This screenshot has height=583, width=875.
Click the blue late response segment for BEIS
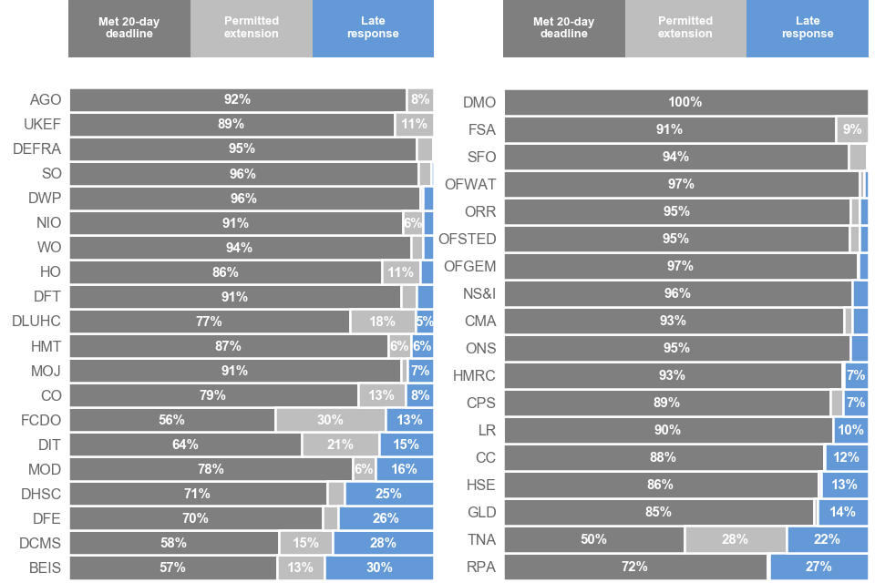coord(378,568)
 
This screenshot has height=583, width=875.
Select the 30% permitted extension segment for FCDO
coord(330,420)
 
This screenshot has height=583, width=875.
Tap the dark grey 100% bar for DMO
coord(685,102)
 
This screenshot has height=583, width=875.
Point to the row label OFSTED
coord(468,239)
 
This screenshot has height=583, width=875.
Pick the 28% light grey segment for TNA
coord(735,539)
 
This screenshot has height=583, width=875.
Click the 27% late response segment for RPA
coord(818,567)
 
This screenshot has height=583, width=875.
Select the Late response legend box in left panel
coord(373,28)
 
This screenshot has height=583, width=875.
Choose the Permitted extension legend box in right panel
coord(685,28)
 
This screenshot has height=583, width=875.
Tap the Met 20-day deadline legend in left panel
coord(129,28)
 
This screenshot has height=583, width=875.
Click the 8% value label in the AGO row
coord(420,99)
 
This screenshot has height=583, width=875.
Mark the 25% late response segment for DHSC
coord(388,494)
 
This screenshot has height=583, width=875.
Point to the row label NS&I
coord(479,293)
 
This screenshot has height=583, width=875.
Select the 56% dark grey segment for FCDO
coord(172,420)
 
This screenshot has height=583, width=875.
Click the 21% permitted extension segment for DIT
coord(340,445)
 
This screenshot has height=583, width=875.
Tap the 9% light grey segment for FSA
coord(852,129)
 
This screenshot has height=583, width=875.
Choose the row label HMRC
coord(475,375)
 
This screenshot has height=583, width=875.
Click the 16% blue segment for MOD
coord(404,469)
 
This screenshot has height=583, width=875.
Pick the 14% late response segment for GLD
coord(843,512)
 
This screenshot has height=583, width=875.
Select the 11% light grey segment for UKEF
coord(414,124)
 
